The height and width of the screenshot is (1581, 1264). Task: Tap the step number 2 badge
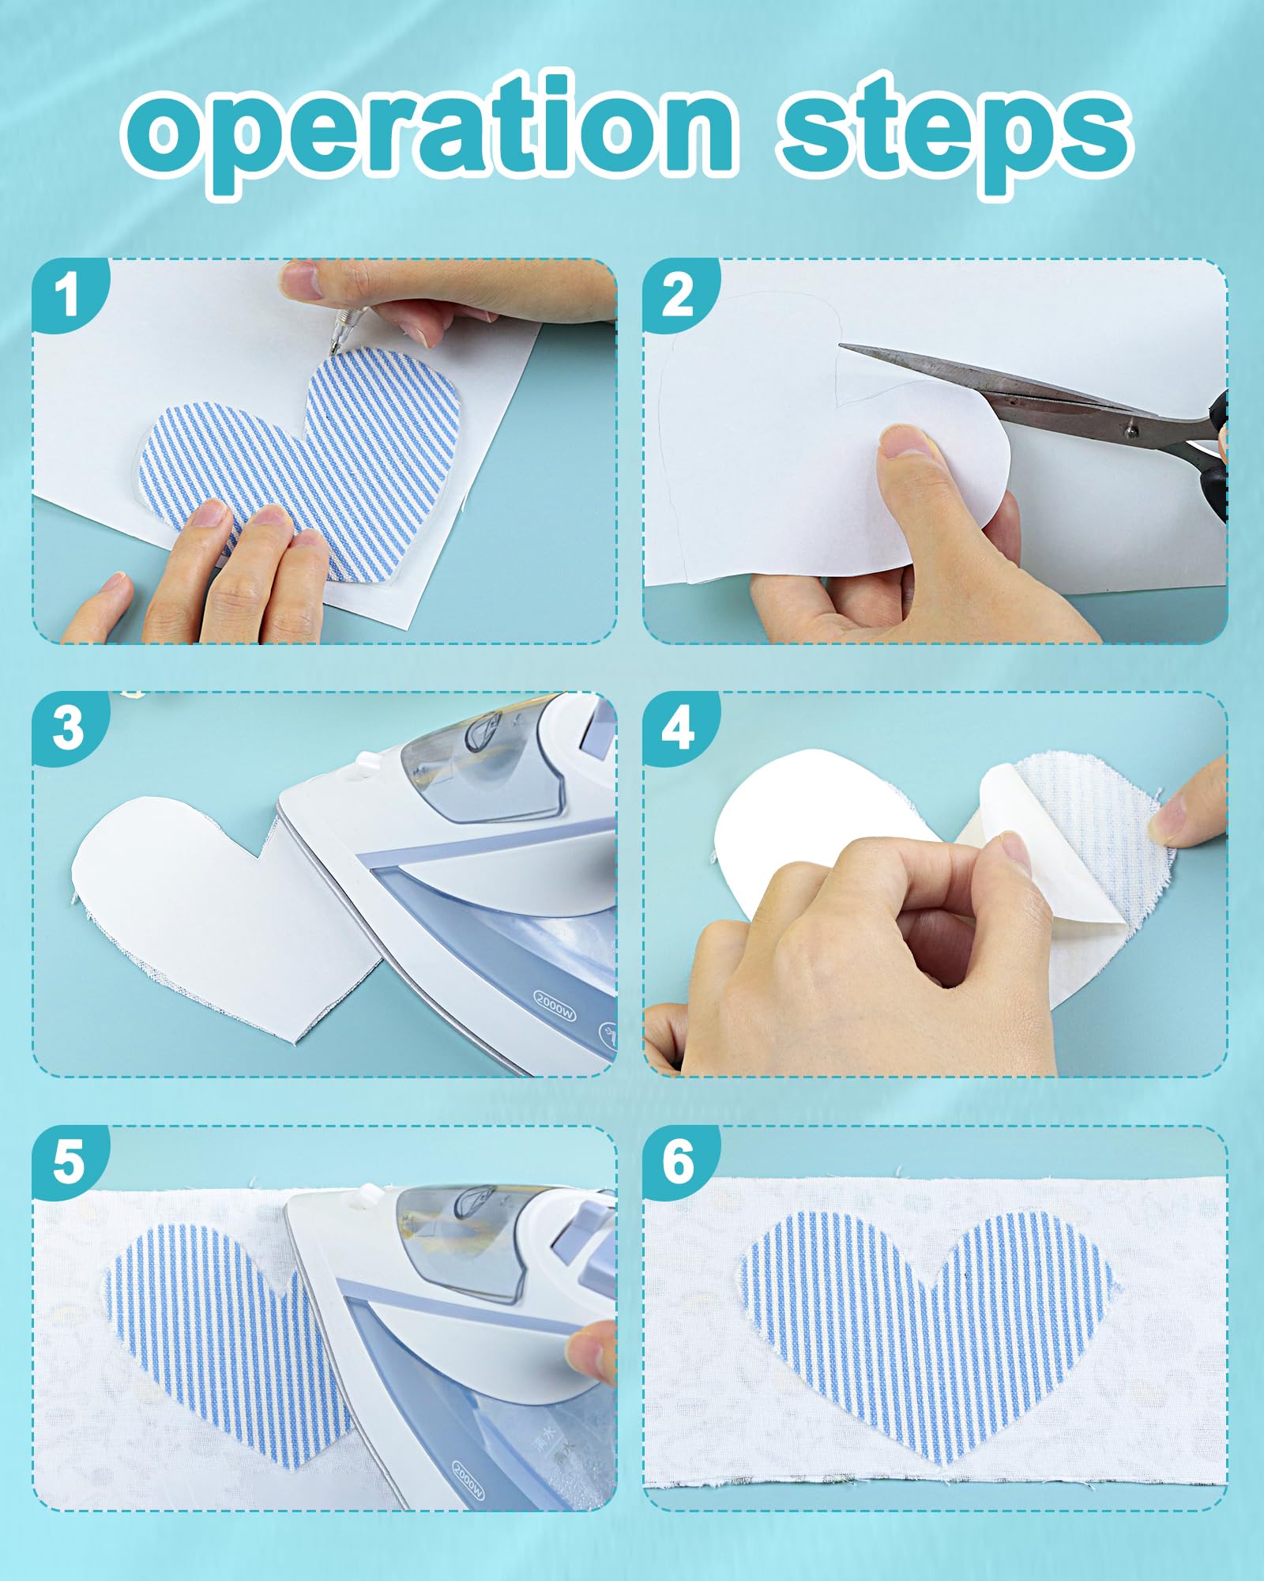pyautogui.click(x=679, y=296)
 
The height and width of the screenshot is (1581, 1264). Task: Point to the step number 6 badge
pyautogui.click(x=679, y=1162)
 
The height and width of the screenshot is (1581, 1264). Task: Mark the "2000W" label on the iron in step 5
pyautogui.click(x=468, y=1478)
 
